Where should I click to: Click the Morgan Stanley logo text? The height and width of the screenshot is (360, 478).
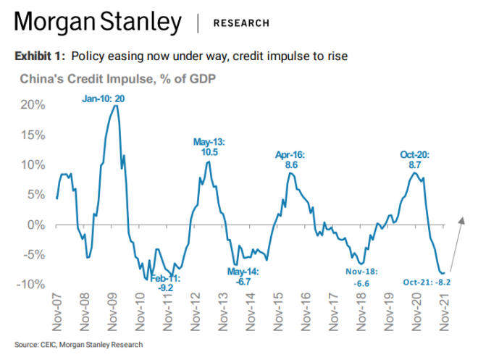click(98, 22)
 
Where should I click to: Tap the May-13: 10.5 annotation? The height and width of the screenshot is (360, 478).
click(209, 147)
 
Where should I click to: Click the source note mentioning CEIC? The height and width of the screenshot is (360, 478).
click(78, 344)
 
